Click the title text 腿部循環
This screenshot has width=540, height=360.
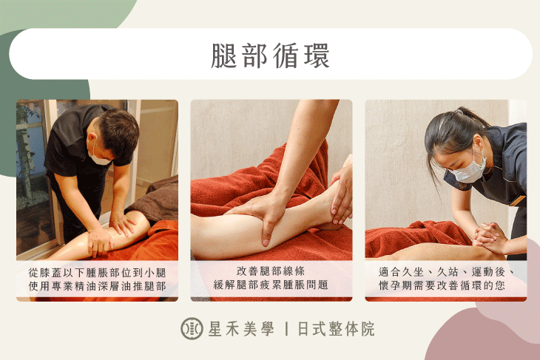tap(270, 55)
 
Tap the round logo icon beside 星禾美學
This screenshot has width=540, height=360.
tap(192, 329)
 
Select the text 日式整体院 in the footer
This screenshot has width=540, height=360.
tap(336, 329)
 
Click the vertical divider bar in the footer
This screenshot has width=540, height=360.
tap(286, 329)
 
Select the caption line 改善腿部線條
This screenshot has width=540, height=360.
tap(270, 271)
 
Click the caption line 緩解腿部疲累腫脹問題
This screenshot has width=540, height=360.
tap(270, 285)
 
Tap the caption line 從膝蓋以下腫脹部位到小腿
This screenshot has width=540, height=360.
tap(97, 271)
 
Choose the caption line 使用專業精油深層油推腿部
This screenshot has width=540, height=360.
tap(97, 285)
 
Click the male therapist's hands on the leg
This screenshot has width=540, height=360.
tap(104, 237)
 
